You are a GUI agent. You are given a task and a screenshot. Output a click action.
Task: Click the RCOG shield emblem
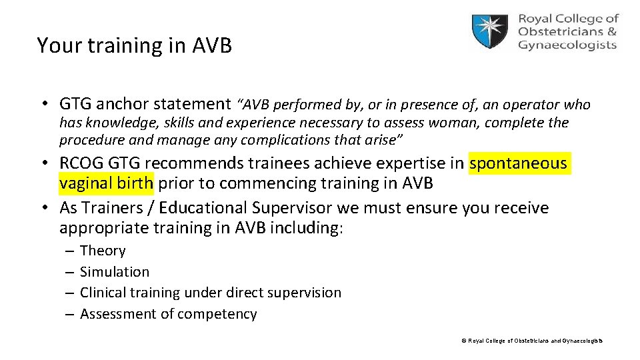[x=490, y=31]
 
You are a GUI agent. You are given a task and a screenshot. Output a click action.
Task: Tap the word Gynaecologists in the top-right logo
[x=567, y=45]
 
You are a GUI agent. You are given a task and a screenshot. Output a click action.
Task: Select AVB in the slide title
[x=211, y=45]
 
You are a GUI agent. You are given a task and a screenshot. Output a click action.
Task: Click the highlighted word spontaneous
[x=518, y=163]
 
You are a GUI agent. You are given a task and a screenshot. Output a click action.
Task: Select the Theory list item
[x=103, y=251]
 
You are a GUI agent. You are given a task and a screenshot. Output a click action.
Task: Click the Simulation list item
[x=115, y=272]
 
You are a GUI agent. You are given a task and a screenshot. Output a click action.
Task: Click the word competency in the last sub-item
[x=218, y=314]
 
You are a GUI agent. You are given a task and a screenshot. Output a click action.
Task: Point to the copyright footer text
[x=531, y=341]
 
